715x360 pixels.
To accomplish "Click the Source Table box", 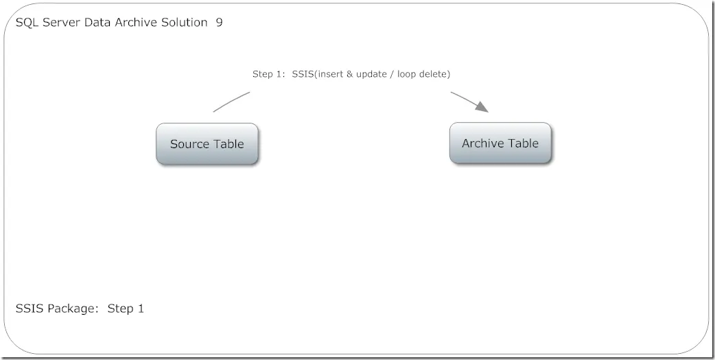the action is click(207, 143).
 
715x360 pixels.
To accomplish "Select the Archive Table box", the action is click(500, 143).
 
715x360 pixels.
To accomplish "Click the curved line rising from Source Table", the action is click(231, 101).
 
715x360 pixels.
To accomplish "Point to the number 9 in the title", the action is click(220, 23).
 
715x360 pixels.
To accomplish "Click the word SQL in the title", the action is click(27, 23).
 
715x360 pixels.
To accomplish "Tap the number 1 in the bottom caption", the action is click(141, 309).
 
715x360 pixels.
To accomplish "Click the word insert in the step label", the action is click(331, 74).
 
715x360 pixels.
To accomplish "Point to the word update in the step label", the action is click(371, 74).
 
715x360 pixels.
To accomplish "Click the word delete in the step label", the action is click(433, 74).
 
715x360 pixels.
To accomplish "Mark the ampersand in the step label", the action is click(350, 74).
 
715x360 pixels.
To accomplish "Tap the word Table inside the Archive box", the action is click(524, 143).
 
